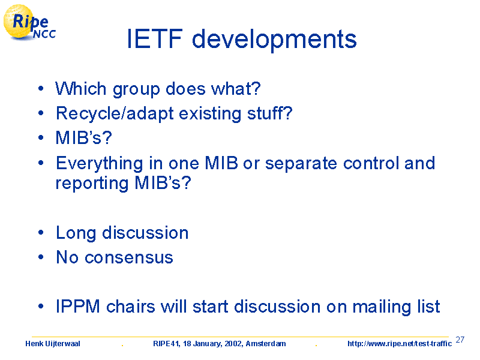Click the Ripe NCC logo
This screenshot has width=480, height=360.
(x=29, y=22)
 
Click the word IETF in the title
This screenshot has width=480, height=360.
(x=155, y=39)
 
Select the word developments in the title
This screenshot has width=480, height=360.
(x=274, y=40)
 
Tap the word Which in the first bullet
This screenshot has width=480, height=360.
(x=81, y=89)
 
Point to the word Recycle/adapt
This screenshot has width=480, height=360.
(x=115, y=114)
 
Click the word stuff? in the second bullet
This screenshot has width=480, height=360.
(x=270, y=113)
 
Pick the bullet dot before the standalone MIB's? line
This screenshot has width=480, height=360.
(x=41, y=138)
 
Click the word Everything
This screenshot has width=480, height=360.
(x=100, y=164)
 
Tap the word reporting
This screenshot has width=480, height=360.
(x=92, y=184)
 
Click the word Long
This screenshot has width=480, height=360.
(x=76, y=233)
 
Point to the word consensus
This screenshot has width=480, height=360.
(x=128, y=258)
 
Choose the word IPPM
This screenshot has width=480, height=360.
(x=78, y=306)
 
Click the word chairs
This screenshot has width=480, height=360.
(x=131, y=306)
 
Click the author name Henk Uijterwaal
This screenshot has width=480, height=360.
(x=53, y=344)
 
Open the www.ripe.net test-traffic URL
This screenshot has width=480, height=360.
(x=400, y=344)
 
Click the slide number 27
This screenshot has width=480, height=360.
(x=460, y=340)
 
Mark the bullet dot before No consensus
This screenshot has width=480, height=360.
(x=41, y=257)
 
